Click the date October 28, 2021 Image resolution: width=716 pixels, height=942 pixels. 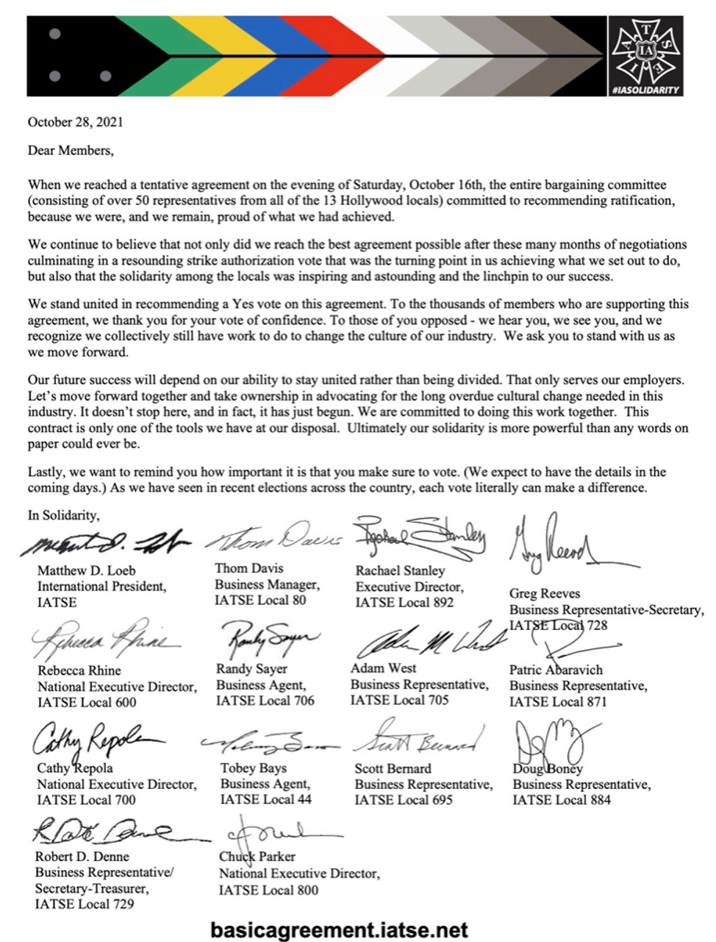(x=76, y=122)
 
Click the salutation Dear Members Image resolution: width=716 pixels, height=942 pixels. (x=71, y=151)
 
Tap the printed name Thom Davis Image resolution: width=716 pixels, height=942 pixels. (x=249, y=568)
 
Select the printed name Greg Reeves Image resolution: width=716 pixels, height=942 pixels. (x=545, y=593)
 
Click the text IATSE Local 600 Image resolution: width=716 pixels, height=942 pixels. (x=87, y=702)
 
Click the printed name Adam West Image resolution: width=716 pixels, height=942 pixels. (x=383, y=668)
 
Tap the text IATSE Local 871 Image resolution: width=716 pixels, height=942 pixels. (x=558, y=701)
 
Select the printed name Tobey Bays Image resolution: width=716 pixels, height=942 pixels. (x=254, y=768)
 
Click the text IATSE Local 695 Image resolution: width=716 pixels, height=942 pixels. (x=404, y=800)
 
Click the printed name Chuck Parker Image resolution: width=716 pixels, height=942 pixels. (x=257, y=857)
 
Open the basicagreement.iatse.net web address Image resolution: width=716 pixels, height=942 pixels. (x=339, y=929)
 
